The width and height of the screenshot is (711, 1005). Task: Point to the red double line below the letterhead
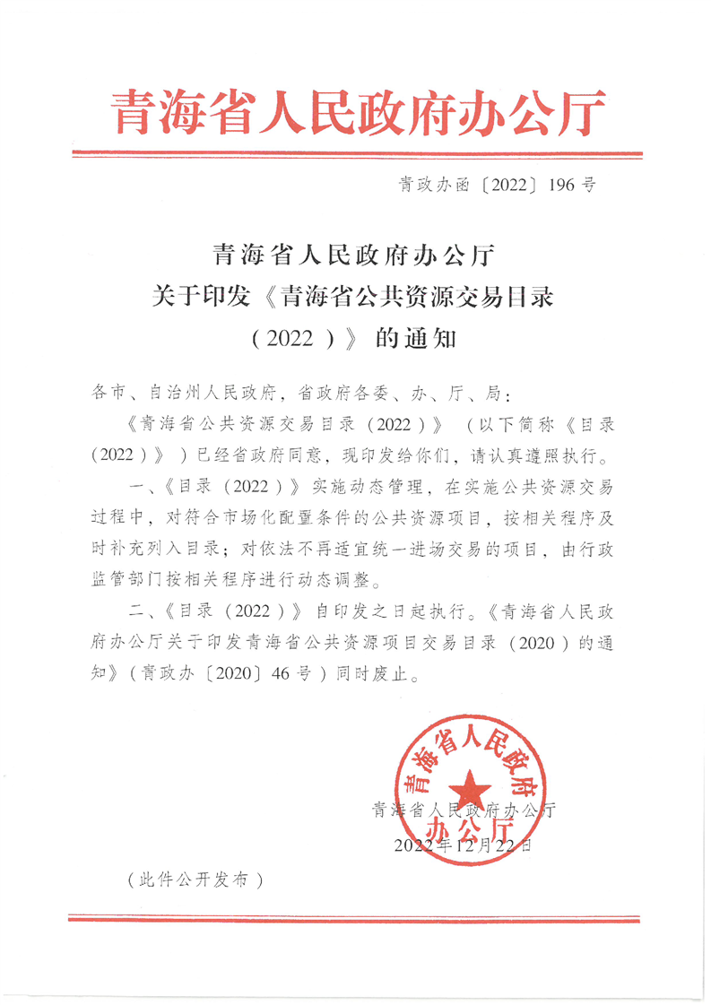click(x=356, y=155)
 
